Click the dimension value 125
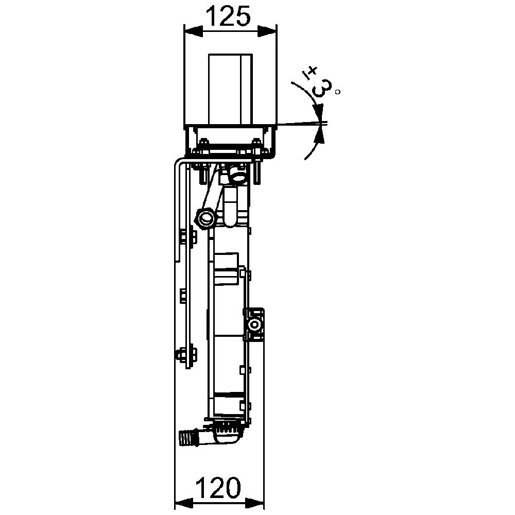click(228, 16)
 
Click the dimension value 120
click(218, 487)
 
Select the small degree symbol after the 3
click(338, 92)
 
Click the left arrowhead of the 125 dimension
click(194, 31)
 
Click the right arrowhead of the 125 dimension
click(267, 31)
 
